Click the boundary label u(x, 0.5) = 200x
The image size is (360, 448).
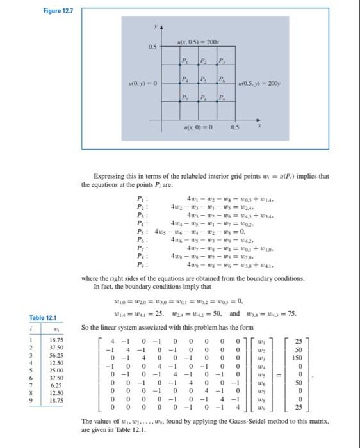click(x=200, y=41)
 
